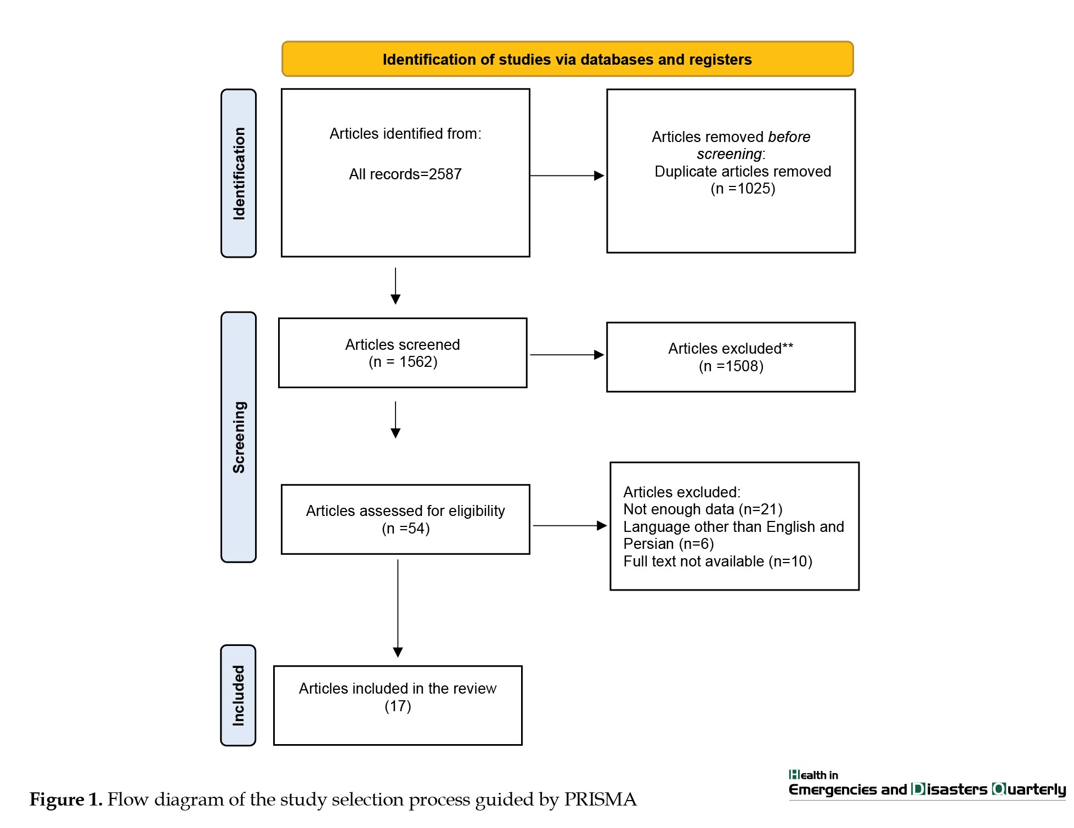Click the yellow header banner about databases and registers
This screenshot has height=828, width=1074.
pos(567,59)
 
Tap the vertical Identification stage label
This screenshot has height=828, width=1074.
pos(239,173)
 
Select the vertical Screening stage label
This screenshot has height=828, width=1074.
pos(239,437)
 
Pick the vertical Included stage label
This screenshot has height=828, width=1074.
pos(238,695)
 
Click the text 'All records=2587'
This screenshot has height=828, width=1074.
pos(405,174)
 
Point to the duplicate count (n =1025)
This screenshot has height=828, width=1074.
pos(743,189)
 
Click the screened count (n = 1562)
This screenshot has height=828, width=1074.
pos(403,362)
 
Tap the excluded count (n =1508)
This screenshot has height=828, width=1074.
pos(731,366)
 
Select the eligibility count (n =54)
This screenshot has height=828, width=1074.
pos(406,529)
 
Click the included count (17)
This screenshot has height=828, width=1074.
pos(398,706)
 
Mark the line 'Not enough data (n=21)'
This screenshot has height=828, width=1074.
pos(703,509)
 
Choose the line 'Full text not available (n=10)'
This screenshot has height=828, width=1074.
pos(717,562)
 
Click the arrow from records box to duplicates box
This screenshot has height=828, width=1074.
pos(567,175)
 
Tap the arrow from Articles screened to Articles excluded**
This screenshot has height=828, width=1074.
pos(567,355)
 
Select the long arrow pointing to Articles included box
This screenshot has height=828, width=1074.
pos(398,608)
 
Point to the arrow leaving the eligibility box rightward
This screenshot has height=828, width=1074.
pos(570,525)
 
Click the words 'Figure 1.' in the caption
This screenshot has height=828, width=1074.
pos(66,799)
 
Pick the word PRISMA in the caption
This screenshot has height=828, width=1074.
pos(600,799)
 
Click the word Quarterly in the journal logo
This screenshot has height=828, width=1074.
pos(1029,790)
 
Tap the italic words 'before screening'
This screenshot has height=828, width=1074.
pos(754,145)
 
